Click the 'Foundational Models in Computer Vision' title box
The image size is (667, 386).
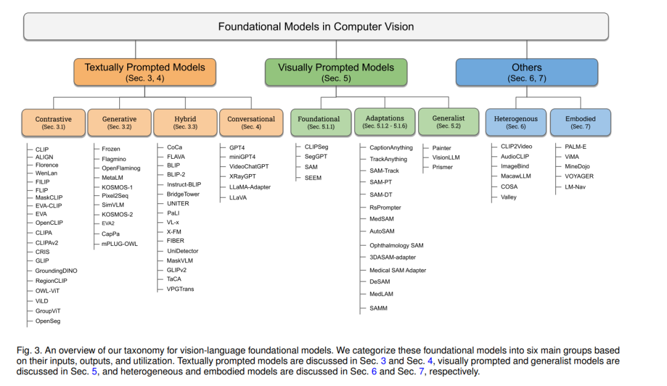[x=316, y=27]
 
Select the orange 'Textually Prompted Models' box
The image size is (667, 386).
[x=145, y=72]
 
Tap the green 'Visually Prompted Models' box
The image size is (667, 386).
[x=336, y=72]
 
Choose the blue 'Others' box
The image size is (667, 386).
[x=527, y=72]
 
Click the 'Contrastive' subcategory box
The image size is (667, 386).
[x=54, y=122]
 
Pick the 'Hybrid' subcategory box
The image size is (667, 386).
[x=185, y=122]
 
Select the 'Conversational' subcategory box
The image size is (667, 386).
[x=251, y=122]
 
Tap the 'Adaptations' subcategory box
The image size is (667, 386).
[x=385, y=122]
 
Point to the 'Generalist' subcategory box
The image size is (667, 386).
[x=448, y=122]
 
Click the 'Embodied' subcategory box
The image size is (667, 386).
[x=580, y=122]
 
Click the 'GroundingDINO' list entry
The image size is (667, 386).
[x=56, y=271]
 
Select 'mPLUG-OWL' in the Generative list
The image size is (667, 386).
[x=120, y=244]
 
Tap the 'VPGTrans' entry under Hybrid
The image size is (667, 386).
[x=180, y=289]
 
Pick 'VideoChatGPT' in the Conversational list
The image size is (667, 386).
[x=249, y=166]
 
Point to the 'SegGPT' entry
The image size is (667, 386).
[x=316, y=157]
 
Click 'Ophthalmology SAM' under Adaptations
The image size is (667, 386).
[x=396, y=246]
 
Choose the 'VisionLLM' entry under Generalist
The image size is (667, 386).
[x=446, y=157]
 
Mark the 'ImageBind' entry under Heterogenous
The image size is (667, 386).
[x=514, y=166]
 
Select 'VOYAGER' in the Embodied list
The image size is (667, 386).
[x=579, y=176]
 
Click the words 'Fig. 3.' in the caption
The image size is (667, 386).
[x=30, y=350]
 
